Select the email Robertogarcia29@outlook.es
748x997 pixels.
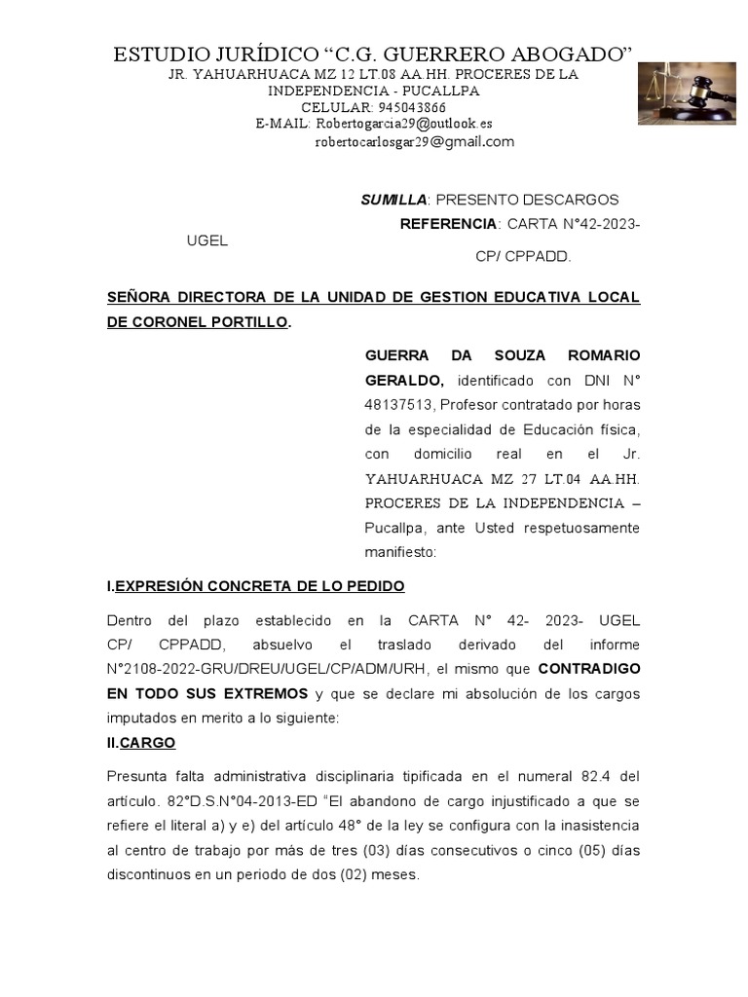tap(401, 124)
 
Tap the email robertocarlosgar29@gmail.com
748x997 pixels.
tap(415, 142)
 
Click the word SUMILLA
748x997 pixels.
tap(393, 200)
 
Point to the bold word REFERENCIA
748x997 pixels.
tap(449, 224)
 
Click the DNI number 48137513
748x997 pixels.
tap(398, 404)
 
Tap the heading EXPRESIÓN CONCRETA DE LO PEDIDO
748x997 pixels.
tap(259, 586)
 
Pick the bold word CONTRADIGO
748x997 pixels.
tap(589, 669)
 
